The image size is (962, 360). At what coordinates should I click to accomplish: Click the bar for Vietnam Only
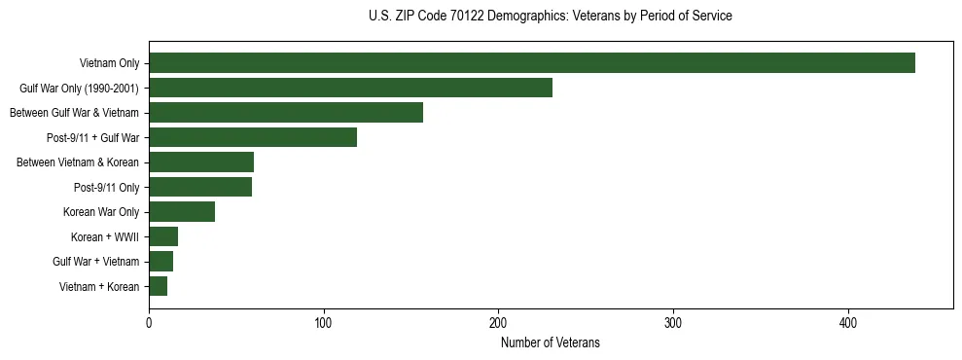(x=532, y=63)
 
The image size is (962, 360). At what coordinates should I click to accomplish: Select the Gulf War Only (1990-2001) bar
(x=350, y=88)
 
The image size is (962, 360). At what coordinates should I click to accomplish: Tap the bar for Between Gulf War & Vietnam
(x=286, y=113)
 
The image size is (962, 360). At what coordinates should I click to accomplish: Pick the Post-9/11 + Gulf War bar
(x=253, y=137)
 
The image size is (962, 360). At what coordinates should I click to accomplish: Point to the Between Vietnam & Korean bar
(x=201, y=162)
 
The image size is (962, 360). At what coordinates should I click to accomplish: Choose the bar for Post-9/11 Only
(x=200, y=187)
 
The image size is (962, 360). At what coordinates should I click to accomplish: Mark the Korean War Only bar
(x=182, y=212)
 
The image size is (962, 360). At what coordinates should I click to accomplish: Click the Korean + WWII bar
(x=163, y=236)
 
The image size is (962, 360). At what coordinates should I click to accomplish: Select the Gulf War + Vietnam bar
(x=160, y=262)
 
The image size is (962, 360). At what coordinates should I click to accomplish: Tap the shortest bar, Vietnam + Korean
(x=158, y=286)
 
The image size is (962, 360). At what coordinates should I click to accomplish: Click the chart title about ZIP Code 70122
(x=551, y=17)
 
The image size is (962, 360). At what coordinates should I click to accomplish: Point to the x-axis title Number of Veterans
(x=551, y=342)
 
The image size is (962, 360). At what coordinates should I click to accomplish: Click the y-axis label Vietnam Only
(x=109, y=64)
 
